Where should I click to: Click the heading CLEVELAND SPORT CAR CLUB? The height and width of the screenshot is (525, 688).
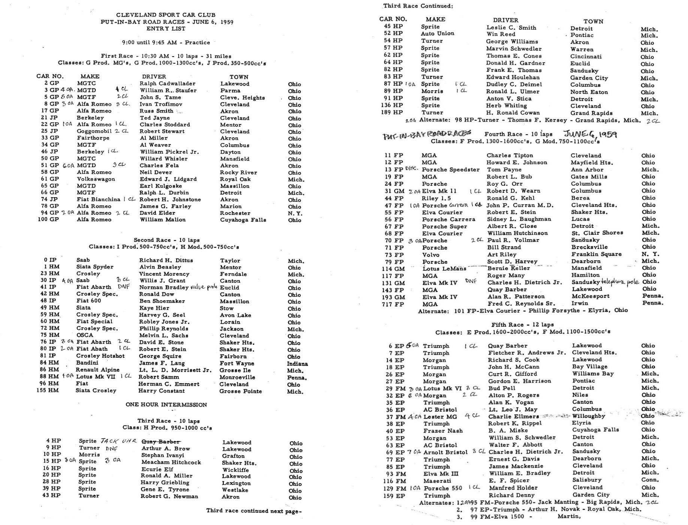(166, 15)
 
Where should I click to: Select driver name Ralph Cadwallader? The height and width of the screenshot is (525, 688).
(168, 84)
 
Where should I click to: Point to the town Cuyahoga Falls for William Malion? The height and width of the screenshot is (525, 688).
(243, 220)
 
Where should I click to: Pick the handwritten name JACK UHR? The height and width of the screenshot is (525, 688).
(119, 441)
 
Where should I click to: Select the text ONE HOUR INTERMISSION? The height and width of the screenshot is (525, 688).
(166, 405)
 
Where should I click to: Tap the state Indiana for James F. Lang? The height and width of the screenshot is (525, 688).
(297, 364)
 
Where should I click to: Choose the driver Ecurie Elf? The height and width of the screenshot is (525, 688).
(157, 469)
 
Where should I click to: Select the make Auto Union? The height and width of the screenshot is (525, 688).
(437, 33)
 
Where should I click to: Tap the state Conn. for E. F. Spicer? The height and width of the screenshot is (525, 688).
(649, 480)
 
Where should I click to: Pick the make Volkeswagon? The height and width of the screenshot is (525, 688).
(96, 179)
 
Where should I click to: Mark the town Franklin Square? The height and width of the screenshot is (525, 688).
(596, 254)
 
